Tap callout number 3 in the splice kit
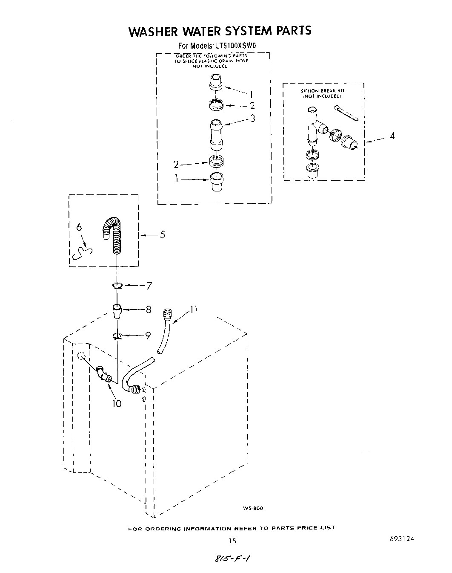252,119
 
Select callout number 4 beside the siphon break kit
392,136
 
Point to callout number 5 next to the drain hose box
162,234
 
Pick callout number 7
149,286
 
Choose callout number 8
149,310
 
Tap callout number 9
148,336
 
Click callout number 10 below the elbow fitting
117,403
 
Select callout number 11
193,310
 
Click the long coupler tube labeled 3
217,134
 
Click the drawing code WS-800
253,508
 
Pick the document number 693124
401,539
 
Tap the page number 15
232,541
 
